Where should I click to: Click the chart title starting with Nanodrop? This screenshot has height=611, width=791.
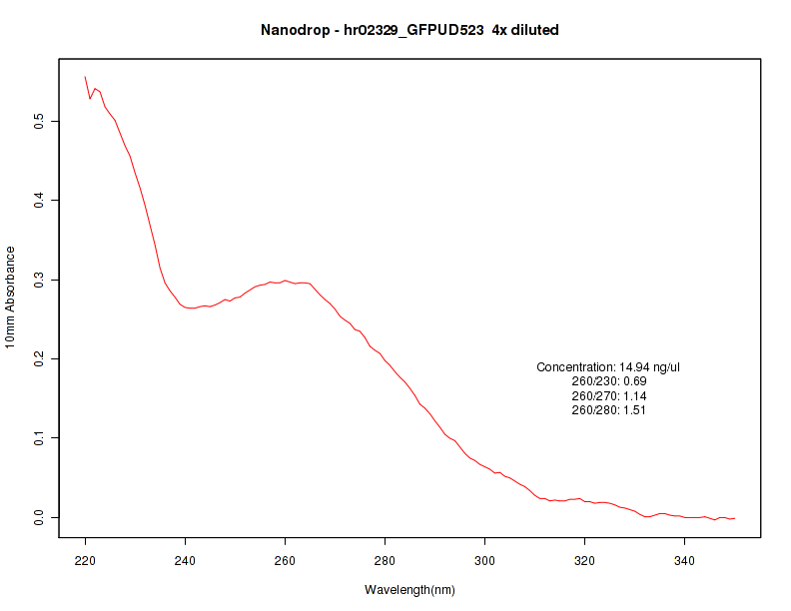(409, 30)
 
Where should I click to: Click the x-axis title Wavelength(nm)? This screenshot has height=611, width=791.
(409, 590)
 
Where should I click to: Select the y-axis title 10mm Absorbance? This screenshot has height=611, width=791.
(11, 298)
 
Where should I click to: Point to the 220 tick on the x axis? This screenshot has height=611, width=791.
(86, 561)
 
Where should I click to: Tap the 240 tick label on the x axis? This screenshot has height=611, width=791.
(186, 561)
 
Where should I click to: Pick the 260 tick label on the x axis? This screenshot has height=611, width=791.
(286, 561)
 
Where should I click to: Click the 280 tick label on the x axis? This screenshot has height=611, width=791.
(386, 561)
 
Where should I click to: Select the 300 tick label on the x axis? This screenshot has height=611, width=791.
(485, 561)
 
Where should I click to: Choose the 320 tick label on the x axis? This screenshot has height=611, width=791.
(585, 561)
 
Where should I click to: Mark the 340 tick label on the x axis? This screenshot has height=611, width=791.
(685, 561)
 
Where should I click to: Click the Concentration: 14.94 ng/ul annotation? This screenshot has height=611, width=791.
(608, 367)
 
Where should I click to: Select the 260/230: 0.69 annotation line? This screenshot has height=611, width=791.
(608, 381)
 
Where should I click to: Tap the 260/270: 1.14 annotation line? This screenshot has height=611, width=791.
(608, 396)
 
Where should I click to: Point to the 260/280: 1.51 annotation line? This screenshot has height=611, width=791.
(608, 410)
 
